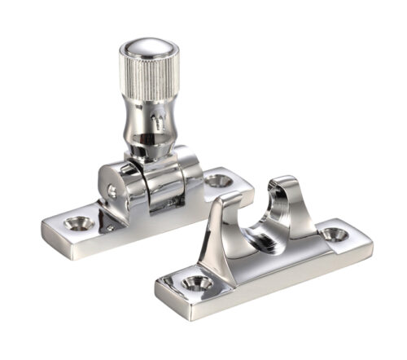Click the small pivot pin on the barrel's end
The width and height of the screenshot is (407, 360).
112,191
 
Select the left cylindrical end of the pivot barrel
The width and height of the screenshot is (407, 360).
114,189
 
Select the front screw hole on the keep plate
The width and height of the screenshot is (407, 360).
195,282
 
